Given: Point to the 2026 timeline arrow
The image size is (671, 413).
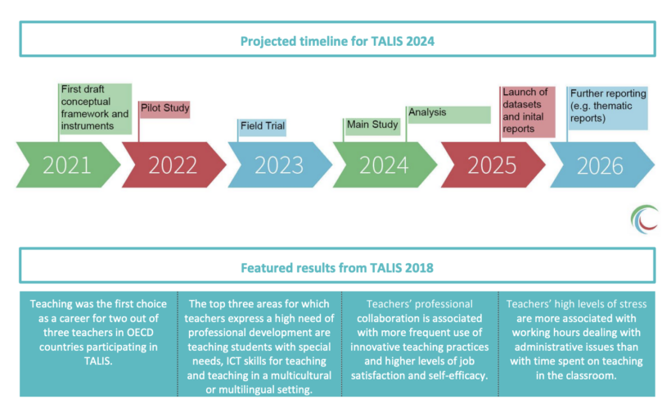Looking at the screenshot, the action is pyautogui.click(x=602, y=165).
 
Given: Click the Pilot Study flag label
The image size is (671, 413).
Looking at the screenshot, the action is pyautogui.click(x=164, y=109).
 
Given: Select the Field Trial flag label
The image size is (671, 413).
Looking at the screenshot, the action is pyautogui.click(x=263, y=127).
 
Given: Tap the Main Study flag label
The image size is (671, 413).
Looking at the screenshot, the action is pyautogui.click(x=372, y=126).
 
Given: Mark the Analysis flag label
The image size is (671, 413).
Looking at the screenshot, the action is pyautogui.click(x=448, y=115).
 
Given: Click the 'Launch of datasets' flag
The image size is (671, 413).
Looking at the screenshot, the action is pyautogui.click(x=528, y=111).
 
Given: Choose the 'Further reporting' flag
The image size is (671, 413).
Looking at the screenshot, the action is pyautogui.click(x=607, y=108).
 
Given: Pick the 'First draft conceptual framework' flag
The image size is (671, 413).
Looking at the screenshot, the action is pyautogui.click(x=95, y=109).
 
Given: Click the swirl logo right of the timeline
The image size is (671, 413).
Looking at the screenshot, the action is pyautogui.click(x=644, y=220).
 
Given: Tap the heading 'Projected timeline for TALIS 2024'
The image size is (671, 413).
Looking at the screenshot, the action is pyautogui.click(x=337, y=41).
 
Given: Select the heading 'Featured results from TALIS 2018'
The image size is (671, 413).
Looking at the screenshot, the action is pyautogui.click(x=337, y=268).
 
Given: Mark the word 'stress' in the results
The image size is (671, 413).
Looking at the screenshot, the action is pyautogui.click(x=632, y=304).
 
